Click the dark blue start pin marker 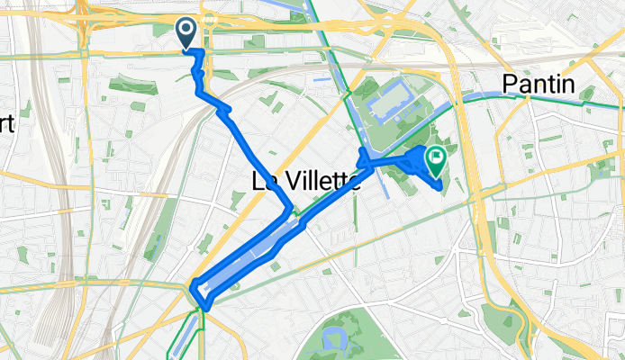(x=186, y=33)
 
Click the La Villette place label (x=304, y=182)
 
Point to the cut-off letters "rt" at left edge (x=7, y=124)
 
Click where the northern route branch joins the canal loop (x=289, y=211)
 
